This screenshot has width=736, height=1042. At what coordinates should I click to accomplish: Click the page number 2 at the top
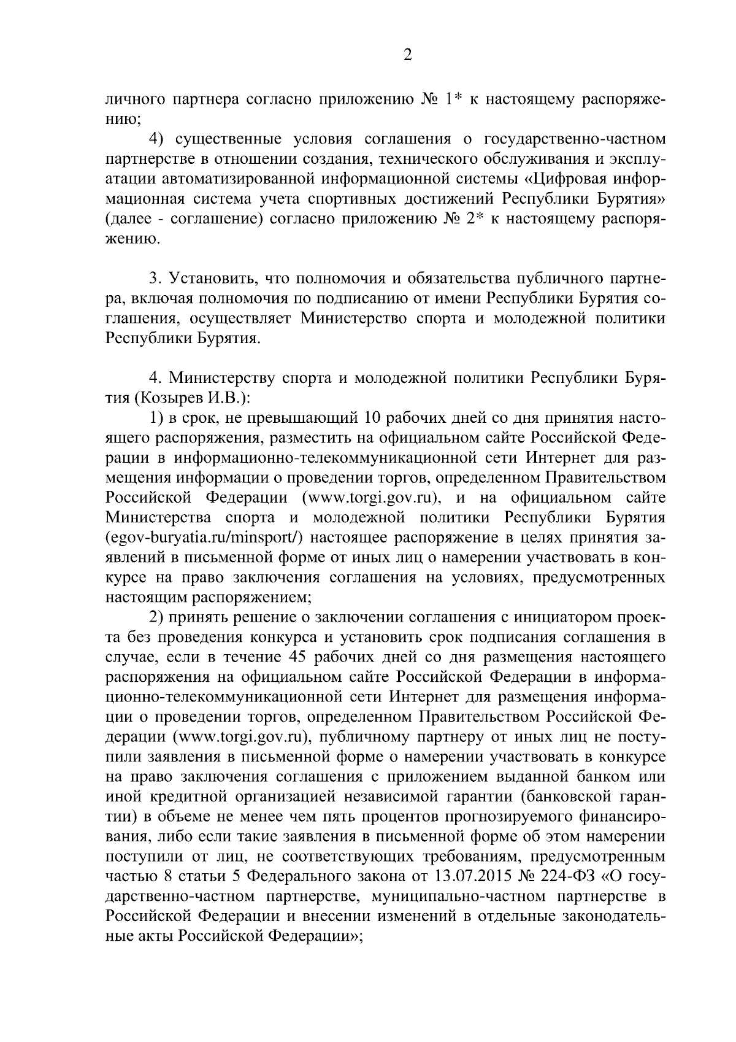[407, 56]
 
